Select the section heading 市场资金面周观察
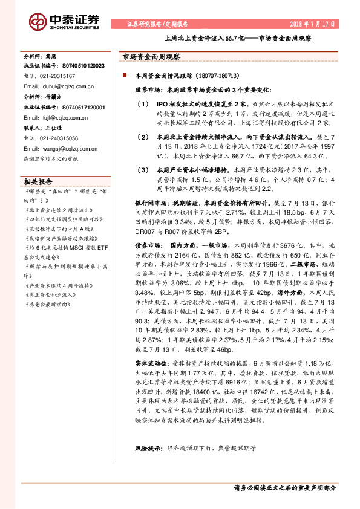click(x=148, y=56)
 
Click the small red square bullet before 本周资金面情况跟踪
click(x=123, y=75)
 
